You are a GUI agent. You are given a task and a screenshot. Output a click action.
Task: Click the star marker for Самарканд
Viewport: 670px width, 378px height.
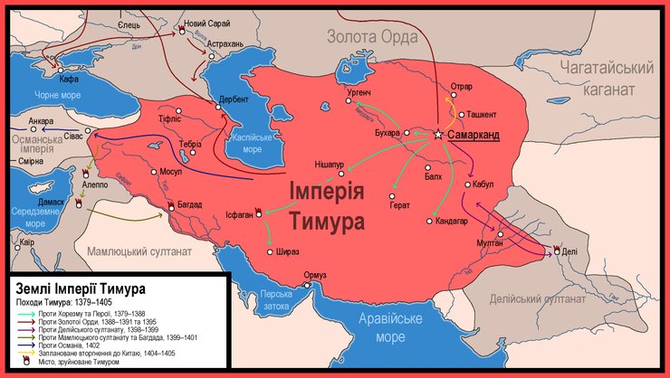pyautogui.click(x=438, y=134)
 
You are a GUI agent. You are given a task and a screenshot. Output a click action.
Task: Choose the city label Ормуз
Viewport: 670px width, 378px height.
pyautogui.click(x=314, y=274)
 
